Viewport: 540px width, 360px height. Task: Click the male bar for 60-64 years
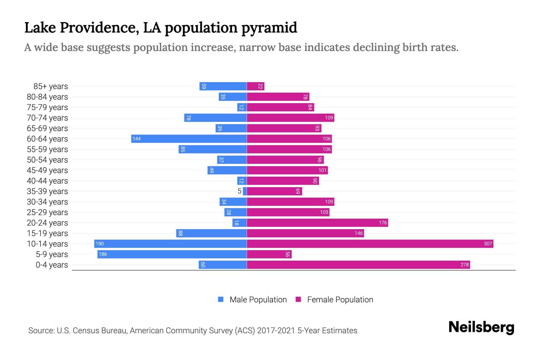189,139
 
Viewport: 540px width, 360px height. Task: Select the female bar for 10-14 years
370,244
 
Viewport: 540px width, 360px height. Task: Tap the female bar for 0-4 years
358,265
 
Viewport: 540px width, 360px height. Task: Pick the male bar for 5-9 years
172,254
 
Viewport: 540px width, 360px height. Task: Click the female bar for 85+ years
256,86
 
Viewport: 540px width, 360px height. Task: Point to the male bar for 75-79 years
242,107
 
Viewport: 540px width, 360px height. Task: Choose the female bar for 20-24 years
317,223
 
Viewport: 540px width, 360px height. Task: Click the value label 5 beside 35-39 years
239,191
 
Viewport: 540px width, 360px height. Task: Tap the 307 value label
488,244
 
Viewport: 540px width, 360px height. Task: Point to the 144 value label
136,139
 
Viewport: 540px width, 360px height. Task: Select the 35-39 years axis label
47,191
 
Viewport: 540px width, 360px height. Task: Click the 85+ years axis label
51,86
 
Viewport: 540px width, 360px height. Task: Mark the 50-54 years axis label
47,160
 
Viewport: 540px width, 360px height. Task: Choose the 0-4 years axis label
52,265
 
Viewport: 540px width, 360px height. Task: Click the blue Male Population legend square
221,299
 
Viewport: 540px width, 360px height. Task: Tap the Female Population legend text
340,300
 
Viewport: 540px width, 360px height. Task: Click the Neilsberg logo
481,327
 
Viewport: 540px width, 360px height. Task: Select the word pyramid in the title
269,28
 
